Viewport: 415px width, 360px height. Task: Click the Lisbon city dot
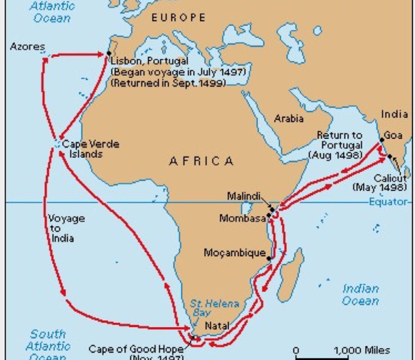click(x=109, y=54)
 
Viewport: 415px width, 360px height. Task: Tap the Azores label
click(x=27, y=47)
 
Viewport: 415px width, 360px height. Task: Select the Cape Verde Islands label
click(x=90, y=149)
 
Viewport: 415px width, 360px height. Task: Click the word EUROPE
click(x=179, y=17)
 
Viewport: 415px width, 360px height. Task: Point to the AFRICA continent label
click(x=201, y=161)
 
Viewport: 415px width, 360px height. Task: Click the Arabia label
click(x=289, y=118)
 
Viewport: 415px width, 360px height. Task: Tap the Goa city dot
click(x=382, y=140)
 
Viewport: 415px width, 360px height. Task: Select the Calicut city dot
click(x=390, y=156)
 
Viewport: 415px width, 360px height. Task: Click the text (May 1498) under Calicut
click(x=380, y=187)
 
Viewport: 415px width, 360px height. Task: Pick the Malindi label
click(x=243, y=196)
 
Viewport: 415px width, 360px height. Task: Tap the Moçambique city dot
click(x=270, y=257)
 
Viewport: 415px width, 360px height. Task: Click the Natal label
click(x=217, y=326)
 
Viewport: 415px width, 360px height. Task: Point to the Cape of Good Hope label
click(x=136, y=349)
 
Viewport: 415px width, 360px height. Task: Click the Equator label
click(x=387, y=202)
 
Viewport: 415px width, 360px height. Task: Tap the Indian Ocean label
click(x=360, y=295)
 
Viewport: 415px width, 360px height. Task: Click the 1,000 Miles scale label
click(x=362, y=350)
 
